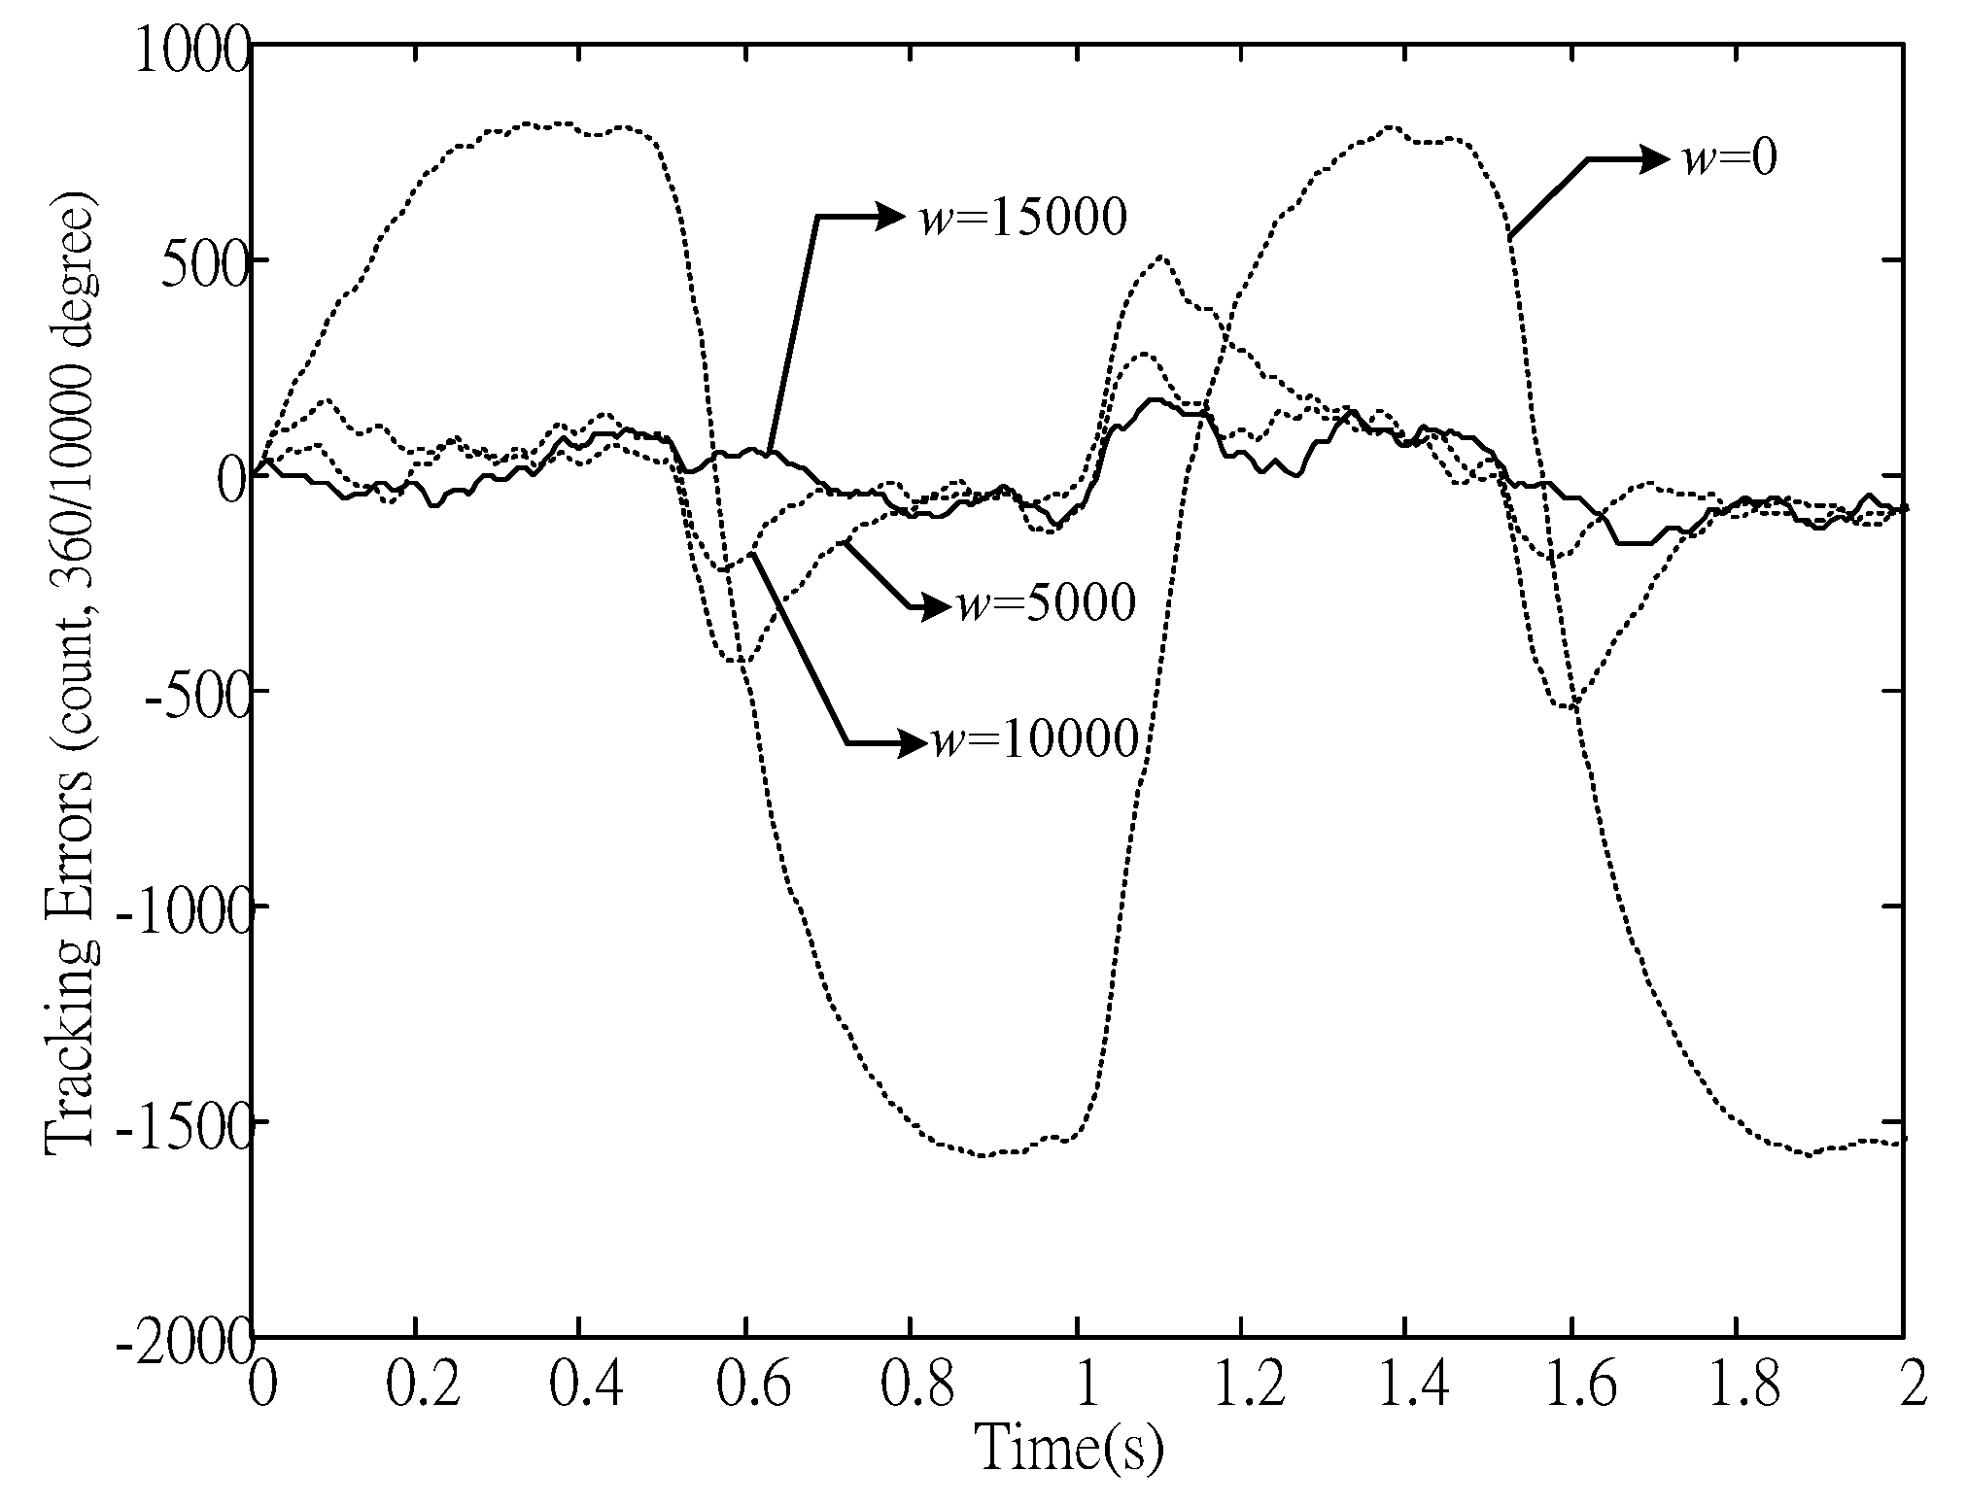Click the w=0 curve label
pyautogui.click(x=1730, y=159)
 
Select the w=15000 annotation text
pyautogui.click(x=1023, y=218)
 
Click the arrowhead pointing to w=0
pyautogui.click(x=1654, y=159)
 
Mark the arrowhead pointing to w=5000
pyautogui.click(x=933, y=608)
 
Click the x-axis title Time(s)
pyautogui.click(x=1069, y=1448)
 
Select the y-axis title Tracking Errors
pyautogui.click(x=70, y=680)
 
